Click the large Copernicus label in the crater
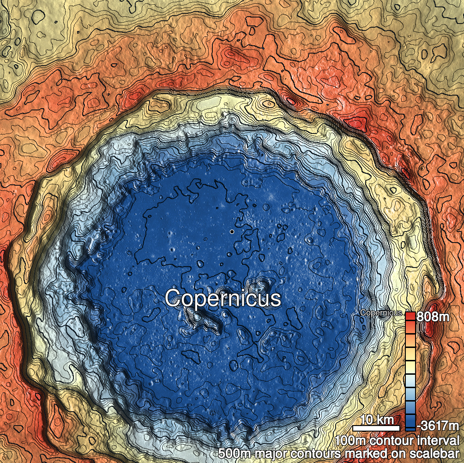pos(223,299)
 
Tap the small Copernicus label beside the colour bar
pos(381,313)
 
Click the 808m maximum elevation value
pos(433,317)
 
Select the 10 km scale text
pos(376,420)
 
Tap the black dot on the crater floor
pos(232,231)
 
